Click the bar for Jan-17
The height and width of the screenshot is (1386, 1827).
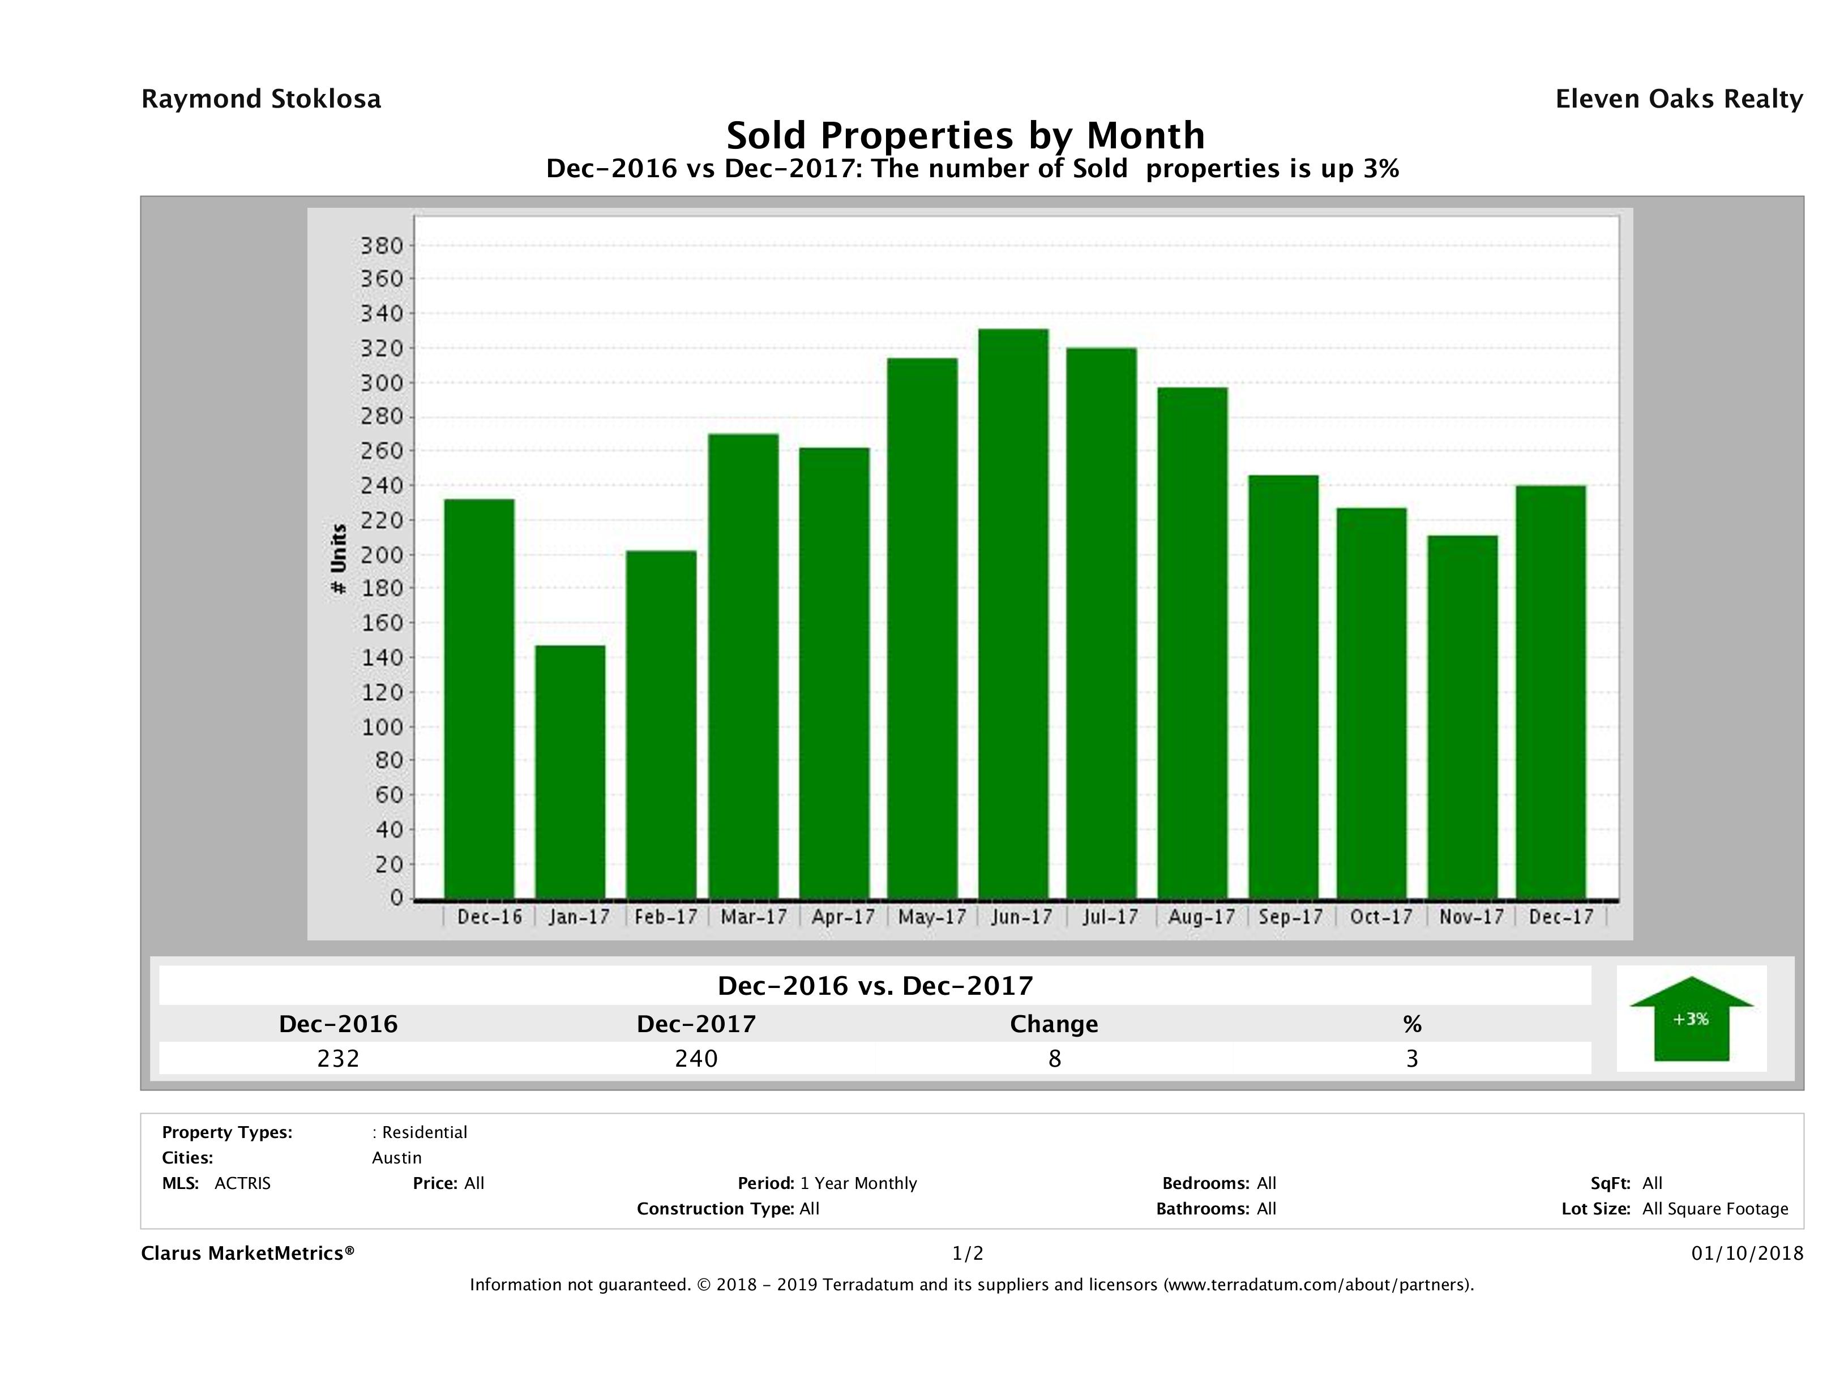pyautogui.click(x=570, y=772)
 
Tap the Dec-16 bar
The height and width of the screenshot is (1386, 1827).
pyautogui.click(x=479, y=699)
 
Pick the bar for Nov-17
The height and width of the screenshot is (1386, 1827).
pyautogui.click(x=1462, y=717)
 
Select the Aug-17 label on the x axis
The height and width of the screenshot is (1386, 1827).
pyautogui.click(x=1201, y=917)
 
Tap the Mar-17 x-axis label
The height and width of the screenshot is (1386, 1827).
pyautogui.click(x=753, y=917)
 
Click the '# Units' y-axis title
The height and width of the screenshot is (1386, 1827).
pyautogui.click(x=338, y=559)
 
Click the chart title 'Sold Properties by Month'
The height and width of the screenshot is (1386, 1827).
pyautogui.click(x=965, y=135)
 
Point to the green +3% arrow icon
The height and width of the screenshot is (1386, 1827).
pyautogui.click(x=1691, y=1019)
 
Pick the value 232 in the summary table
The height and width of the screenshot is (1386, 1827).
pyautogui.click(x=338, y=1058)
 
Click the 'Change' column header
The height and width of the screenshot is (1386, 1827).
pyautogui.click(x=1054, y=1024)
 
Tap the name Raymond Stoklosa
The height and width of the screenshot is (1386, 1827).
pyautogui.click(x=261, y=99)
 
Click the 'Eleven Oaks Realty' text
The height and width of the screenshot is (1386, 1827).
pyautogui.click(x=1678, y=99)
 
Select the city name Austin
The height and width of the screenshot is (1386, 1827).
pyautogui.click(x=396, y=1158)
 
